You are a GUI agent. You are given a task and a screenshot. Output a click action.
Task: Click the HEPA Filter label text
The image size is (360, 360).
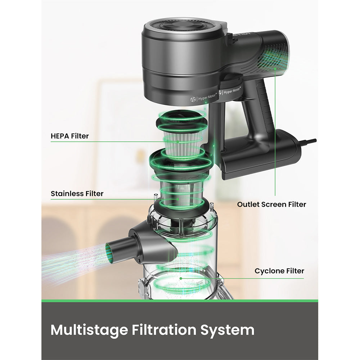point(69,136)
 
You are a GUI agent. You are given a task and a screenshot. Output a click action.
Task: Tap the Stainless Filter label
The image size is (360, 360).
point(77,194)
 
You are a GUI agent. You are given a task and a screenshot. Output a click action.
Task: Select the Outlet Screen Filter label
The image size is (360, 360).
point(271,204)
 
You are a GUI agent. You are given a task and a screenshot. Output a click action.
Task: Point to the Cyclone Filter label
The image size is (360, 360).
point(279,271)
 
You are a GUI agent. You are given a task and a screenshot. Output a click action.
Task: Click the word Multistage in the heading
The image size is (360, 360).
point(89,330)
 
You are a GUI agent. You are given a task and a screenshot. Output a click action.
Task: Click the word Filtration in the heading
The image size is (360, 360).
point(164,330)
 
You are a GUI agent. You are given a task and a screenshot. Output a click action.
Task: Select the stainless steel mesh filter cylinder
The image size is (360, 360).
point(181,193)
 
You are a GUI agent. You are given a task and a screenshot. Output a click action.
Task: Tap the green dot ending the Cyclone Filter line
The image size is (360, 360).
point(181,279)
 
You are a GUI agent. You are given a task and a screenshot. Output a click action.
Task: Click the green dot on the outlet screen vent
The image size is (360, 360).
point(275,68)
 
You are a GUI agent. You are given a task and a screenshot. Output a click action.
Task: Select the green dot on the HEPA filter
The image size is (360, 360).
point(178,142)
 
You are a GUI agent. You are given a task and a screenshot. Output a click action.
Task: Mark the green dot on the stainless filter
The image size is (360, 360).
point(178,199)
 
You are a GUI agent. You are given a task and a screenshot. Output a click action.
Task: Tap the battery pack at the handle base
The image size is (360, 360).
point(262,153)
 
